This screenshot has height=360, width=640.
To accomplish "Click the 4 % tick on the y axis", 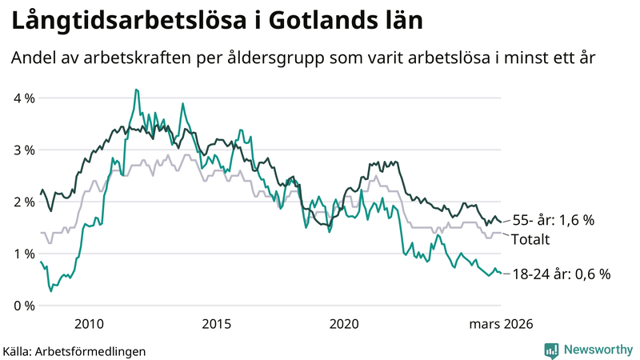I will pyautogui.click(x=22, y=98).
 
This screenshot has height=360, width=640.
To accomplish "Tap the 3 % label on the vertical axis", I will pyautogui.click(x=22, y=150).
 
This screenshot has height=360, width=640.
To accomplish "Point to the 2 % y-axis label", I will pyautogui.click(x=22, y=202).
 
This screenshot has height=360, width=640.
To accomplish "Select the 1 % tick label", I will pyautogui.click(x=22, y=254).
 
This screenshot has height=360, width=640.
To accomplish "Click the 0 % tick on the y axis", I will pyautogui.click(x=22, y=306).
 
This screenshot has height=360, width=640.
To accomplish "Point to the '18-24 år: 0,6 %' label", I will pyautogui.click(x=561, y=274).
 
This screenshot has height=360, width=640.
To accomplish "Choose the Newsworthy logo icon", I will pyautogui.click(x=551, y=350).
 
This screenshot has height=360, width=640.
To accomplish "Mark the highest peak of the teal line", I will pyautogui.click(x=137, y=90).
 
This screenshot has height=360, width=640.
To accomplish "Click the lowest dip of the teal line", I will pyautogui.click(x=51, y=290).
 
